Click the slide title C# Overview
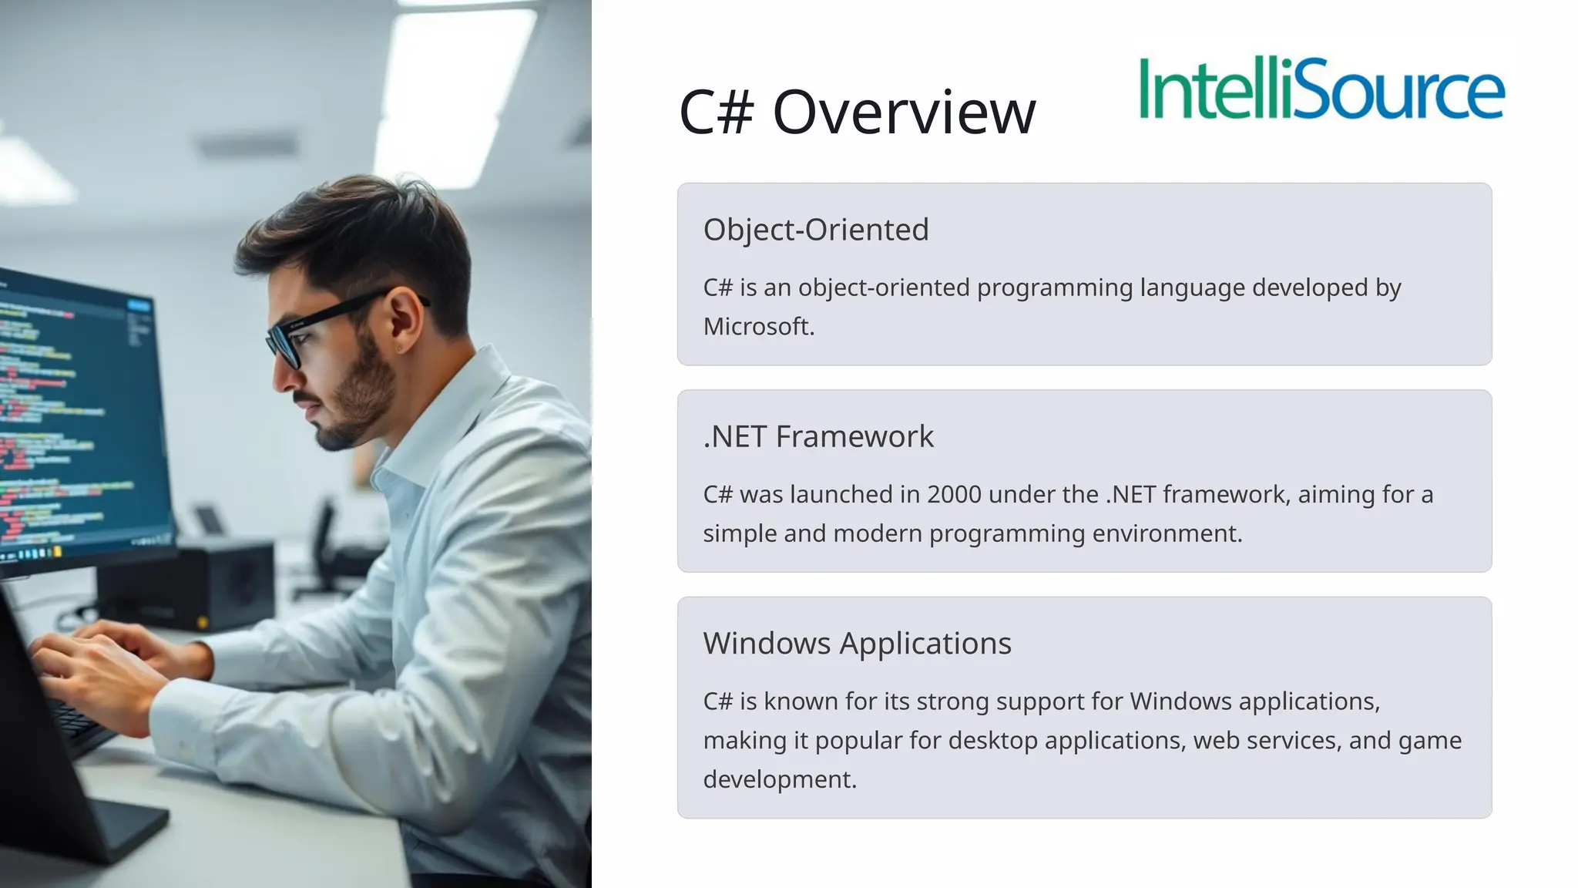[x=857, y=113]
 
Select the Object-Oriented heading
[x=816, y=230]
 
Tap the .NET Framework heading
[x=818, y=437]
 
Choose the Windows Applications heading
[x=857, y=644]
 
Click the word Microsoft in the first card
[x=757, y=327]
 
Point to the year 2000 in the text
[x=954, y=494]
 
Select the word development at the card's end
[x=779, y=779]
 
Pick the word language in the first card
[x=1192, y=288]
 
